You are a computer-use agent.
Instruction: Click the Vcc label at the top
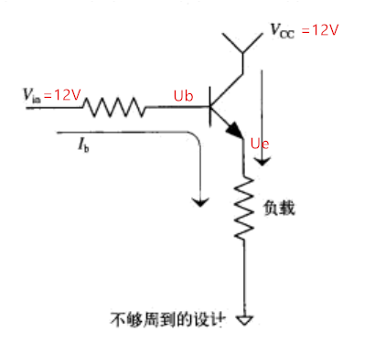point(282,32)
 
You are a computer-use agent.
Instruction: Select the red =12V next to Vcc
point(319,30)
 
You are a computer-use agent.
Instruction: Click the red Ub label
point(184,95)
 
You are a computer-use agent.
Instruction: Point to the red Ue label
point(261,145)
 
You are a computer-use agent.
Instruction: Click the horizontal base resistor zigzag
point(115,108)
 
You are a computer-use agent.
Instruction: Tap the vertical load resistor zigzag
point(244,209)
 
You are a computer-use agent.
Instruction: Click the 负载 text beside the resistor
point(283,208)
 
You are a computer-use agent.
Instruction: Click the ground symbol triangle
point(244,320)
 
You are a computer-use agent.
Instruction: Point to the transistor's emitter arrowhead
point(236,134)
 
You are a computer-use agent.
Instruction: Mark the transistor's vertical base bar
point(211,107)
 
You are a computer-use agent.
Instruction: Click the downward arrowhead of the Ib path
point(195,199)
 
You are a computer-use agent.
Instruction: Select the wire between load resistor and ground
point(244,279)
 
